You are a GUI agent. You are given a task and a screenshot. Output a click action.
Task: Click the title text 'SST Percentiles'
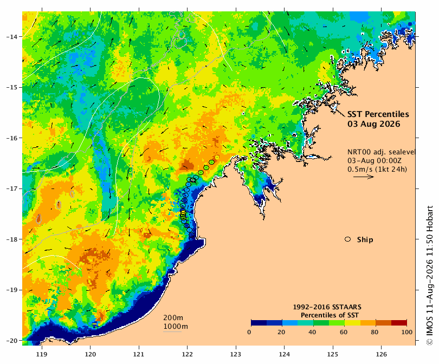coord(378,114)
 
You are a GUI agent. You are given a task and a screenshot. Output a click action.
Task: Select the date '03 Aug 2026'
coord(373,124)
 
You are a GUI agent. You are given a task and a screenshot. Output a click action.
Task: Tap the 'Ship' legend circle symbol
coord(348,239)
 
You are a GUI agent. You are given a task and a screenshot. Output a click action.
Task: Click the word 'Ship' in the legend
coord(365,240)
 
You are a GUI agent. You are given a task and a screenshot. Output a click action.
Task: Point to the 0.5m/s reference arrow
coord(364,177)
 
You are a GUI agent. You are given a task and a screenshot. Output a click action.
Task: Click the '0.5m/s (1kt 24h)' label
coord(377,169)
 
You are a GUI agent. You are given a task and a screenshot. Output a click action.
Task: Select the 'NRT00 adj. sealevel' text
coord(381,152)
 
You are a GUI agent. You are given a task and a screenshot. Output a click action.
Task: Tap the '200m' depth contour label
coord(173,318)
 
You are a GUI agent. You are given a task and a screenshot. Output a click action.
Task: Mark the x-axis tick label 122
coord(188,354)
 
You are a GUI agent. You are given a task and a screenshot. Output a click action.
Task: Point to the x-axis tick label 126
coord(382,354)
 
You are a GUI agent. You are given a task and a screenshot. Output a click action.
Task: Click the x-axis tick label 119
coord(42,354)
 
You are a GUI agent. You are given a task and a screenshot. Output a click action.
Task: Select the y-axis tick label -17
coord(11,188)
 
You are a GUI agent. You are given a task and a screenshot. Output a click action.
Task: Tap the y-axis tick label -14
coord(11,37)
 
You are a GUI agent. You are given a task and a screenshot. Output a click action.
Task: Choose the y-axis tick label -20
coord(11,341)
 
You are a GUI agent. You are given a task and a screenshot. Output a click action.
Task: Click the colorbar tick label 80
coord(375,332)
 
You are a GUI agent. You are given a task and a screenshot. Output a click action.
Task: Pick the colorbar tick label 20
coord(281,332)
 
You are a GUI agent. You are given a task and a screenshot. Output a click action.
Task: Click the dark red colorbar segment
coord(399,323)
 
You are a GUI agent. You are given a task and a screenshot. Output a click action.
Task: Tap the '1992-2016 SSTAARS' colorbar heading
coord(327,307)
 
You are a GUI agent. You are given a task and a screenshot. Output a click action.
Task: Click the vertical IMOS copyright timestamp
coord(429,276)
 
